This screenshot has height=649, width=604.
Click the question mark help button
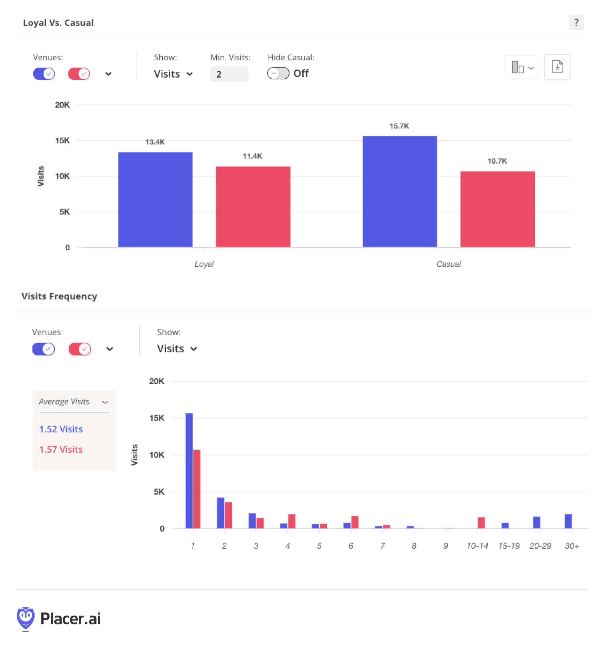[x=576, y=23]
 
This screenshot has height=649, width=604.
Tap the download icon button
[x=557, y=67]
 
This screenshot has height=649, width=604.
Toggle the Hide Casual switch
[x=278, y=73]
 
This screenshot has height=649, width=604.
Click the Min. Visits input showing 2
[x=229, y=74]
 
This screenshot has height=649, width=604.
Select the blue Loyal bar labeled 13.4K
[x=155, y=200]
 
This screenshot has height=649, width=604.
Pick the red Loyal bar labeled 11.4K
[x=253, y=207]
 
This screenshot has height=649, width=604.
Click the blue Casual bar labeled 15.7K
[x=400, y=191]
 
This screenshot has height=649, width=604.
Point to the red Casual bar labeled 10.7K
[x=498, y=209]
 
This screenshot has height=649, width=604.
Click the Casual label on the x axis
[x=449, y=264]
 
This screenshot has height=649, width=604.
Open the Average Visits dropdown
[x=73, y=402]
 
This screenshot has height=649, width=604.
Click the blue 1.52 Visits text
[x=61, y=429]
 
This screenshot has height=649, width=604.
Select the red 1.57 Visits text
[x=61, y=449]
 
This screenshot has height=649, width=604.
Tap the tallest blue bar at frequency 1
[x=189, y=471]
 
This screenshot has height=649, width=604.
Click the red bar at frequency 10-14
[x=481, y=523]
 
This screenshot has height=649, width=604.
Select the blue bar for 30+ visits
[x=568, y=521]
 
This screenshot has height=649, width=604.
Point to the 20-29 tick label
[x=540, y=546]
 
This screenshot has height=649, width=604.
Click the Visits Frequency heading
[x=59, y=296]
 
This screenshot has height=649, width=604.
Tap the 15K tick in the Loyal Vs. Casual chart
[x=62, y=141]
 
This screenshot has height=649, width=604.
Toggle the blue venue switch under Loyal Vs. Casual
[x=44, y=74]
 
